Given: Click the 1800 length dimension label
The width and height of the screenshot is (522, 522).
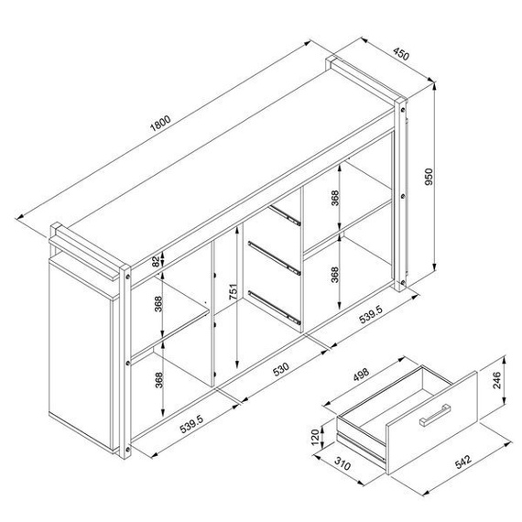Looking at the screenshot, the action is (x=160, y=123).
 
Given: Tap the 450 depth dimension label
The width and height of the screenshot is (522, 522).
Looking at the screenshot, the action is (x=400, y=54).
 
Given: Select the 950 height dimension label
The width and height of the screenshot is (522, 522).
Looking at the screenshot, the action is (x=429, y=177).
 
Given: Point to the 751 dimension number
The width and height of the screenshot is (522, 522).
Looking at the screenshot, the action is (x=234, y=291).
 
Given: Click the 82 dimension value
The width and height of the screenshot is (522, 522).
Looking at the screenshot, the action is (x=156, y=262).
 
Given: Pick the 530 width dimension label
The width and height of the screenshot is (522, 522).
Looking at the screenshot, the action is (x=281, y=369).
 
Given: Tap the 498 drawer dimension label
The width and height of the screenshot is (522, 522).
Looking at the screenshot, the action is (x=361, y=375).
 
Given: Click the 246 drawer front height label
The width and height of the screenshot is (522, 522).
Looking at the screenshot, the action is (x=496, y=380).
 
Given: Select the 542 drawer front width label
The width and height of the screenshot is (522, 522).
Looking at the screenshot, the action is (x=463, y=462).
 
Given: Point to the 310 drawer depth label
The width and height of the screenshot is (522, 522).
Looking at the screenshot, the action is (x=343, y=463).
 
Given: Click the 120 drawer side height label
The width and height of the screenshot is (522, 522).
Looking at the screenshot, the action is (x=315, y=438).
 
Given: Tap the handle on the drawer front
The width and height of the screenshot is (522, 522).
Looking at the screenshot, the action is (x=435, y=415).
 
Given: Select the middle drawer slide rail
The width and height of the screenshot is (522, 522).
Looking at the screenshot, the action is (x=275, y=258).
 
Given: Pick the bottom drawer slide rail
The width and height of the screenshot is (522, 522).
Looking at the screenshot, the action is (x=275, y=308).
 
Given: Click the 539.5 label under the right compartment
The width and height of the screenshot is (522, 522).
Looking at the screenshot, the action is (x=370, y=314).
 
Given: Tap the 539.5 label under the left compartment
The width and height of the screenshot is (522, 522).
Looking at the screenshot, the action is (x=191, y=424).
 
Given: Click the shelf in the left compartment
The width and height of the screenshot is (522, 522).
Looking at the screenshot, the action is (x=169, y=334).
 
